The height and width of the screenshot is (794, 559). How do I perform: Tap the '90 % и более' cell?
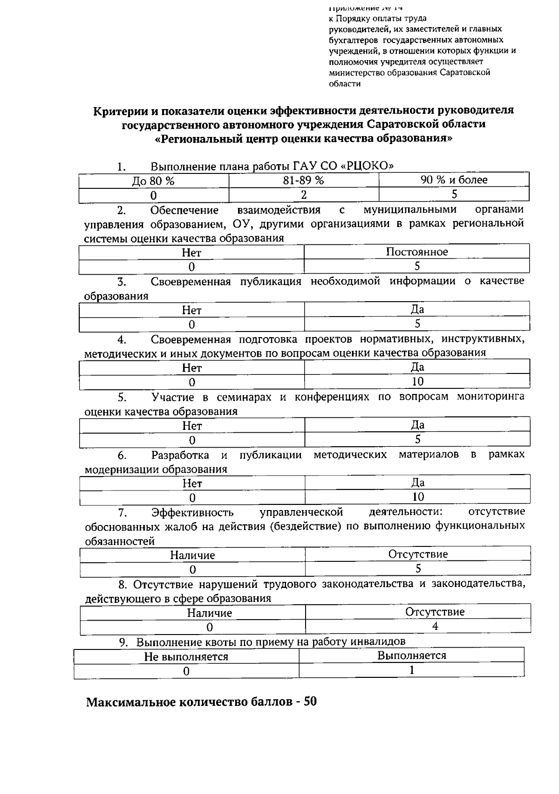click(x=454, y=180)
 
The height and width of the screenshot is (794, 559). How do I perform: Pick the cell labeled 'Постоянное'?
click(x=417, y=252)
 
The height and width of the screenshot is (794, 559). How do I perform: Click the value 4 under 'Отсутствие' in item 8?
click(x=435, y=626)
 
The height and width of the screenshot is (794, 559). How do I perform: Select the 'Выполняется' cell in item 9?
click(x=411, y=656)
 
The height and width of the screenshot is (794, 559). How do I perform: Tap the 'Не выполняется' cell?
click(x=186, y=657)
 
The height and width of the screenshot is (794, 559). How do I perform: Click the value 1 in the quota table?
click(x=411, y=670)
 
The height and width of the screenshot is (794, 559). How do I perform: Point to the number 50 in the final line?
click(x=310, y=701)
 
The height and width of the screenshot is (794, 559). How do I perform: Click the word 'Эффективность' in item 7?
click(x=192, y=513)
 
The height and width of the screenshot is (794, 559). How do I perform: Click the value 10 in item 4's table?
click(x=417, y=382)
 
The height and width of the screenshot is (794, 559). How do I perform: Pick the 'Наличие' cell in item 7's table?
click(x=192, y=555)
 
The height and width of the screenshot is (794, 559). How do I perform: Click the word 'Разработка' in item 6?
click(x=180, y=455)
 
